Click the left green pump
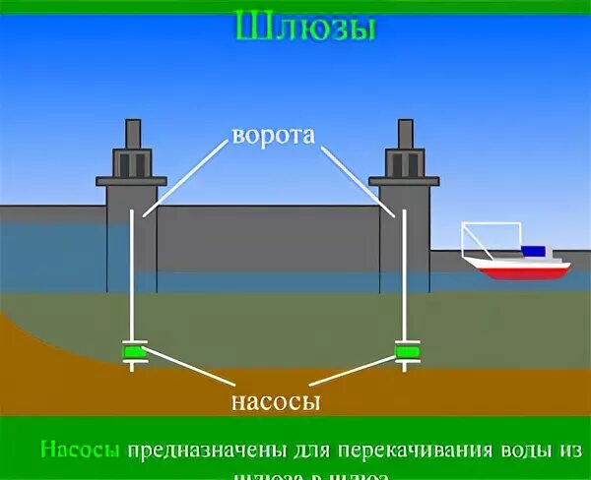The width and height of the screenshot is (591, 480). tap(133, 350)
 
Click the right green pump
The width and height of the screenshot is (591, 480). tap(406, 350)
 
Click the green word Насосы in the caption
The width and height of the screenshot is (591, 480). tap(80, 450)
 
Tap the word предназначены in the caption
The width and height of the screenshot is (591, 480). tap(206, 450)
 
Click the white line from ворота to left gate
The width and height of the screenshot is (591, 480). tap(187, 178)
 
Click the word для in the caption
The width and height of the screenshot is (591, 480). tap(309, 450)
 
